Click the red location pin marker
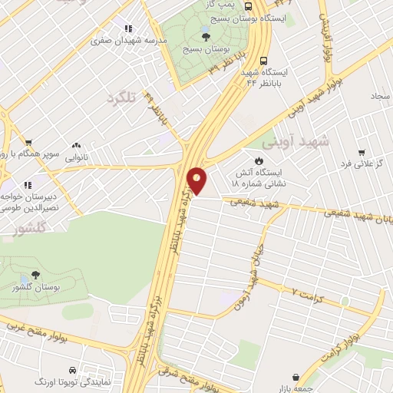click(197, 181)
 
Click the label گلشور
click(31, 228)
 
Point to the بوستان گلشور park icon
click(36, 274)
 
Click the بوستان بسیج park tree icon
click(204, 36)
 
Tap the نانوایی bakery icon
click(75, 144)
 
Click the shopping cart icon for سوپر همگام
click(28, 142)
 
